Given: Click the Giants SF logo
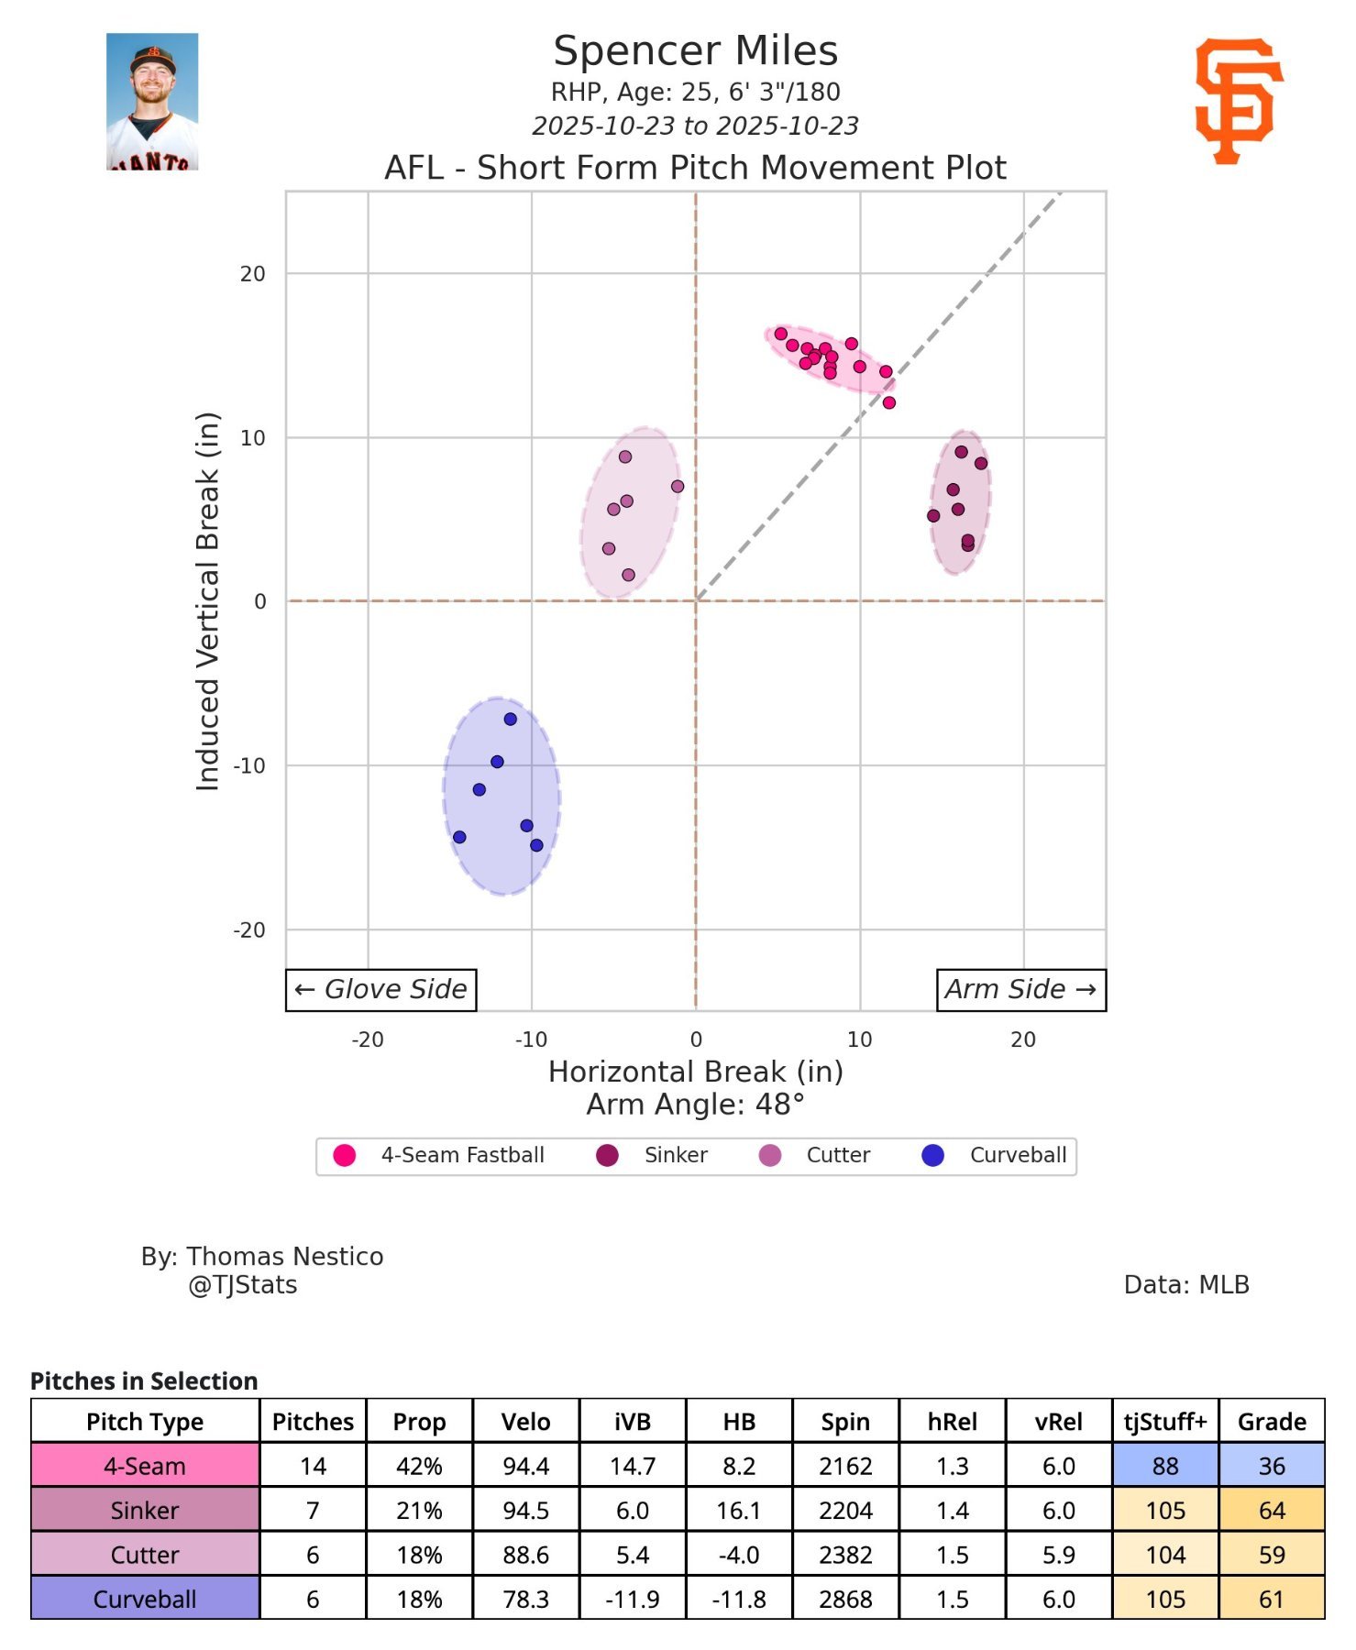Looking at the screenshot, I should point(1238,101).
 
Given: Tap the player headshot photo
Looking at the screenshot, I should point(152,102).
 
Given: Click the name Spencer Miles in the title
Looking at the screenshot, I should point(695,51).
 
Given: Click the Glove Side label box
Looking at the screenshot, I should point(381,989).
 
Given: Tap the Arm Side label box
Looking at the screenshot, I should point(1020,989).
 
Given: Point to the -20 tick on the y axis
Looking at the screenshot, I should point(249,930).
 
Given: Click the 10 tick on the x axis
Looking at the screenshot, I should point(859,1039).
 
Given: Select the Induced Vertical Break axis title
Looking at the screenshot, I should point(208,601).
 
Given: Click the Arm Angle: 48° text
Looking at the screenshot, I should point(695,1105).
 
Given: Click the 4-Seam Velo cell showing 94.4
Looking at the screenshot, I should point(525,1466).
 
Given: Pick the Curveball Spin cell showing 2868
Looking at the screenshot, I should point(845,1599).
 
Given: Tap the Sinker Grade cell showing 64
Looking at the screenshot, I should point(1271,1510).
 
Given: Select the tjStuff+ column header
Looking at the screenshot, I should point(1164,1422).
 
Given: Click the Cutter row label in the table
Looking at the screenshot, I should point(145,1555).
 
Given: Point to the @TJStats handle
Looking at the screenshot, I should point(242,1285).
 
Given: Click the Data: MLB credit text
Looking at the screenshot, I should point(1185,1285).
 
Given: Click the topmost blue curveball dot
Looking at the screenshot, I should point(510,720).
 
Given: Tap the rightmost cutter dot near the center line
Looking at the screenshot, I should point(677,487).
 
